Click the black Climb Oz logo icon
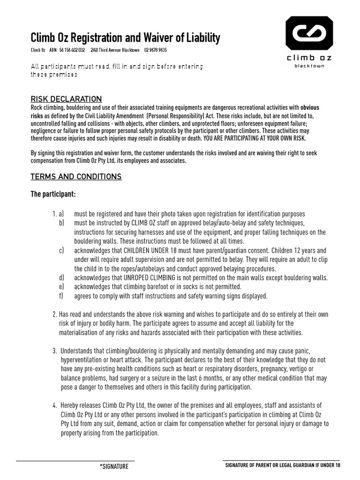(309, 33)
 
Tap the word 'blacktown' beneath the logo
(309, 66)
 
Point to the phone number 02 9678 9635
(155, 50)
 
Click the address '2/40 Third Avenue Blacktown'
(115, 50)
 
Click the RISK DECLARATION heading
(66, 99)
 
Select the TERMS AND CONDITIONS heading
(76, 177)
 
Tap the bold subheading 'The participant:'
(53, 194)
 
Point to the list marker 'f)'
(61, 296)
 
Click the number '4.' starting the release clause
(55, 405)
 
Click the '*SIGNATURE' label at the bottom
(114, 467)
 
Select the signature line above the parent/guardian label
(281, 461)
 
